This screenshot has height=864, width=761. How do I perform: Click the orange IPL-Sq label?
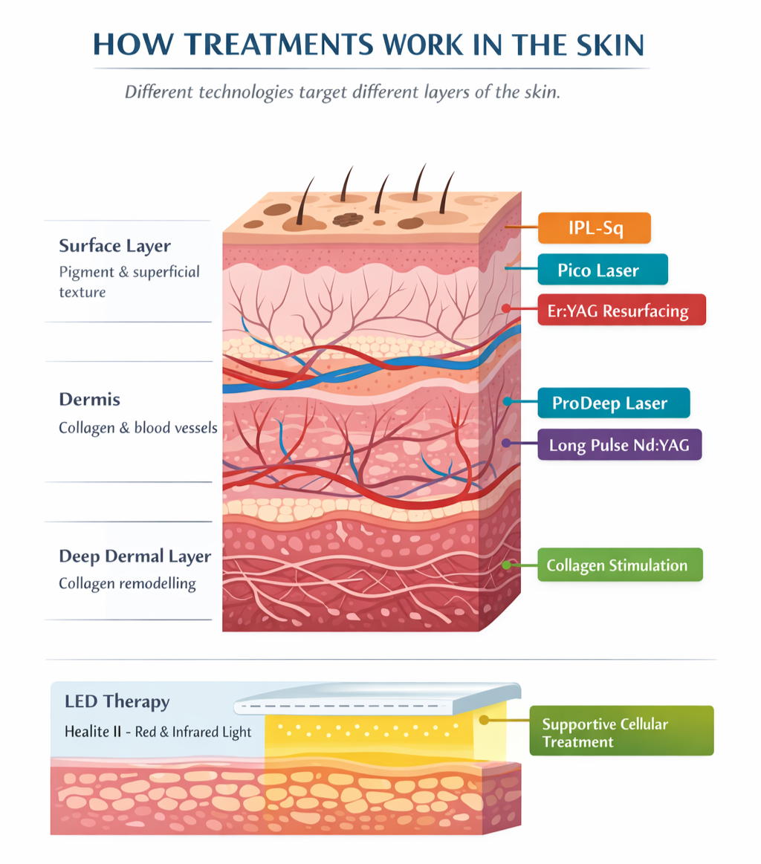coord(594,228)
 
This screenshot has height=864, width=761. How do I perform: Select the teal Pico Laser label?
coord(602,269)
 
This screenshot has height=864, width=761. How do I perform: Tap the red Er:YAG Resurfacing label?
coord(621,310)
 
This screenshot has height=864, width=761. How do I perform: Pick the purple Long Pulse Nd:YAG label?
coord(620,446)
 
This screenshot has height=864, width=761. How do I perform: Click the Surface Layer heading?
coord(114,246)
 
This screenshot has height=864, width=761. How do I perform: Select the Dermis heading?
coord(89,400)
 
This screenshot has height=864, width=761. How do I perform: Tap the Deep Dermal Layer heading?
coord(135,556)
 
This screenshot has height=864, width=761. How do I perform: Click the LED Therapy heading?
coord(117,701)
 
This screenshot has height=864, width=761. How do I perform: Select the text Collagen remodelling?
coord(127,584)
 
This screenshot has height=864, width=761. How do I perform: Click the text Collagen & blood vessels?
coord(137,428)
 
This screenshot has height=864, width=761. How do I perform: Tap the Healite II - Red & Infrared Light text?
coord(158,732)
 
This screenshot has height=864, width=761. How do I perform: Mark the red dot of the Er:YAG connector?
coord(506,308)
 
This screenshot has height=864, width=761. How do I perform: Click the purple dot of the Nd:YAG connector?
coord(506,444)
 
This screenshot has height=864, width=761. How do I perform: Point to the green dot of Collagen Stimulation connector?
coord(506,565)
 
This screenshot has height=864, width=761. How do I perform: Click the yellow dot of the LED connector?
coord(484,719)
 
